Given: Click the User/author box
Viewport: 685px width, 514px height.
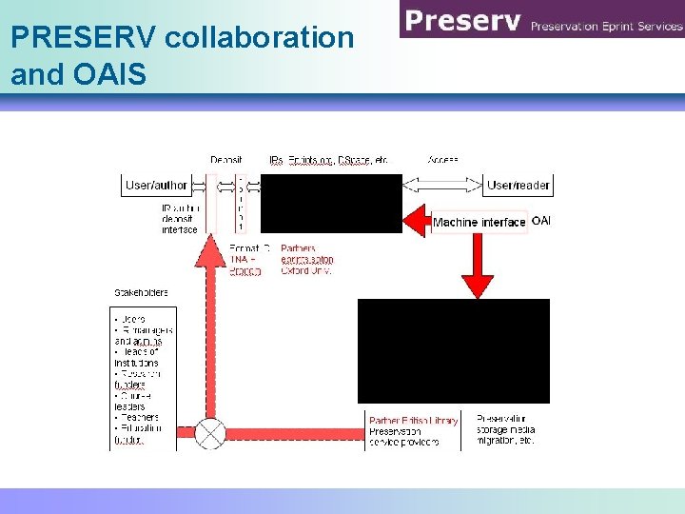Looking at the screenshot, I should (156, 186).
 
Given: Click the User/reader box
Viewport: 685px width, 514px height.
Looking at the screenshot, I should (519, 186).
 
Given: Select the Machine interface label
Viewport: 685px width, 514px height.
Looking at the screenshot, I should (479, 223).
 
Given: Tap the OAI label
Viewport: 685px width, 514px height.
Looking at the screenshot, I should (541, 221).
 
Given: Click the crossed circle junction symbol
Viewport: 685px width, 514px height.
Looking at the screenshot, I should (210, 434).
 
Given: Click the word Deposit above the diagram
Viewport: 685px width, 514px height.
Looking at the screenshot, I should (225, 160).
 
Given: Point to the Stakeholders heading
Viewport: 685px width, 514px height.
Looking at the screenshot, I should (141, 292).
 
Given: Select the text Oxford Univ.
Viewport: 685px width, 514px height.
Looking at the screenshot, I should (306, 270).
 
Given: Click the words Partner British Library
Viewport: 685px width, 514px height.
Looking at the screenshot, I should (413, 420).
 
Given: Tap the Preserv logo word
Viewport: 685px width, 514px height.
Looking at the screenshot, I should (460, 21).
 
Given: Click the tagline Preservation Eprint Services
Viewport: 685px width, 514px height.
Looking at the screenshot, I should (606, 26).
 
